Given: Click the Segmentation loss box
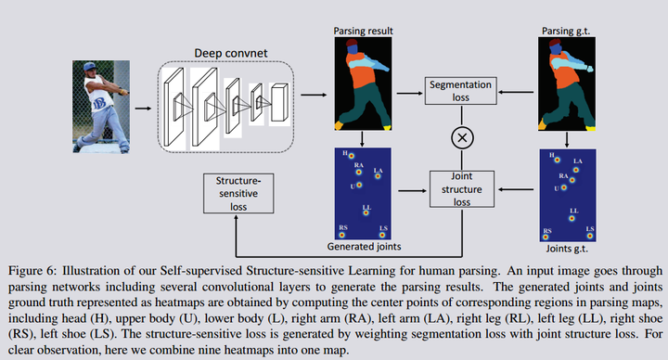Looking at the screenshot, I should coord(460,90).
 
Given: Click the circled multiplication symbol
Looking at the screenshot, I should coord(460,138).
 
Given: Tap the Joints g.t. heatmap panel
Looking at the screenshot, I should coord(565,195).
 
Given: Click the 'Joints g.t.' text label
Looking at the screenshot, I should coord(565,248).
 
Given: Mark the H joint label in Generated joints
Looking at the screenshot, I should coord(345,154).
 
